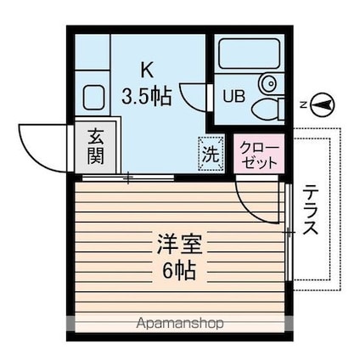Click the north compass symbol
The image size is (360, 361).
[x=323, y=104]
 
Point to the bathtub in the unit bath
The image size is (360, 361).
[x=249, y=55]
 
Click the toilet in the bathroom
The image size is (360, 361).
[x=267, y=107]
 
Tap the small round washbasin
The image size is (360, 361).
[x=268, y=83]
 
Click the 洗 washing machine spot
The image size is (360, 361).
[x=209, y=154]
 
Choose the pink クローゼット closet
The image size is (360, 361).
[x=259, y=155]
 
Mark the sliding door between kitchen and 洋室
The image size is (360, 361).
[x=127, y=177]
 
